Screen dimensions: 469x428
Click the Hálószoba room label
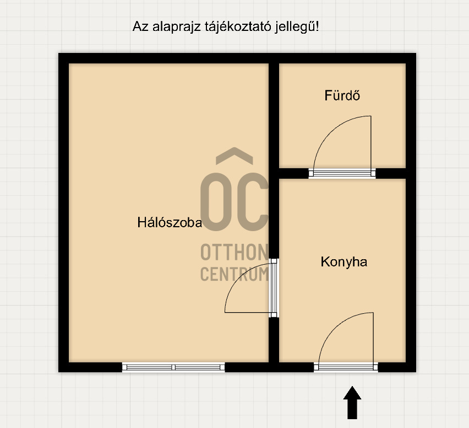pyautogui.click(x=170, y=222)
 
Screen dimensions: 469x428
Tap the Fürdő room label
pyautogui.click(x=342, y=95)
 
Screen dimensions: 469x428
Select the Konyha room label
pyautogui.click(x=343, y=261)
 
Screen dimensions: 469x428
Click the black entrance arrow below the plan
pyautogui.click(x=352, y=403)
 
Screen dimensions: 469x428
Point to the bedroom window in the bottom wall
pyautogui.click(x=173, y=367)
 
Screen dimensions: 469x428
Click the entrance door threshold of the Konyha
pyautogui.click(x=346, y=367)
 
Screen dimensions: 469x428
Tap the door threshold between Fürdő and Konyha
pyautogui.click(x=342, y=173)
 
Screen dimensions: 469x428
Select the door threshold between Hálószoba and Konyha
pyautogui.click(x=274, y=288)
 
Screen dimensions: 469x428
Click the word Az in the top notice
pyautogui.click(x=140, y=26)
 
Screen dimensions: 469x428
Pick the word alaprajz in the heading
pyautogui.click(x=177, y=27)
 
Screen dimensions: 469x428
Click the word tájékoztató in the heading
pyautogui.click(x=238, y=27)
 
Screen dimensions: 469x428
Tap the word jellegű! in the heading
pyautogui.click(x=297, y=27)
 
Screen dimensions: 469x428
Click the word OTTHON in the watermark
pyautogui.click(x=234, y=252)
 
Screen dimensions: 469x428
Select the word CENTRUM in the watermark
pyautogui.click(x=234, y=274)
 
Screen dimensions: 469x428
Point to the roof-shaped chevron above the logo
pyautogui.click(x=234, y=156)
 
